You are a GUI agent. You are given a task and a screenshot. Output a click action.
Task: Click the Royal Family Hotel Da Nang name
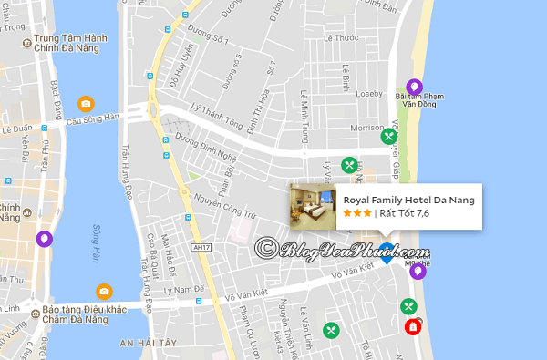pos(408,200)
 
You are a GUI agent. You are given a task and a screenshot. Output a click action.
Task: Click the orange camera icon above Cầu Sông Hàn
pos(85,104)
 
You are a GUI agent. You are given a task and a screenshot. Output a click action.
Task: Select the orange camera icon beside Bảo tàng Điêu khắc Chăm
pos(104,292)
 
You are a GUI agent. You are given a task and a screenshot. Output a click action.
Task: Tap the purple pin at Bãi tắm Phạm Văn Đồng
pos(414,86)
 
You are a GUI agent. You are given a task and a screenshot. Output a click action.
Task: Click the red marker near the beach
pos(413,324)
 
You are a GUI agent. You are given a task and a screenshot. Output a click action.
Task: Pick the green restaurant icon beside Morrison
pos(389,136)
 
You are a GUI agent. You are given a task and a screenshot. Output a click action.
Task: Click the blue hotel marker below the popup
pos(387,257)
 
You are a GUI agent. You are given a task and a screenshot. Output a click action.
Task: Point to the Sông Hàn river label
pos(95,244)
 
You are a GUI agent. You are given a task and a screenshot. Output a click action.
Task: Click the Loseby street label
pos(370,92)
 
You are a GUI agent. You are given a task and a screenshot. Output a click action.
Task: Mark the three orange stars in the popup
pos(356,213)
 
